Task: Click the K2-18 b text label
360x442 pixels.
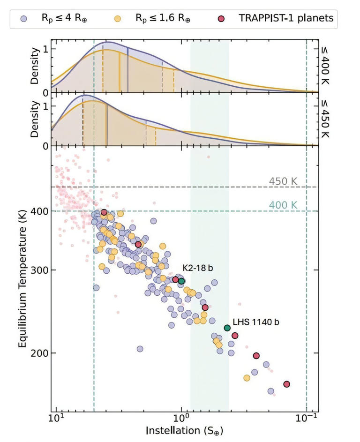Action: pos(198,268)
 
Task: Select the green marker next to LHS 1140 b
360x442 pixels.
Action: pos(227,328)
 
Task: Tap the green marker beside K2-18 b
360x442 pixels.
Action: pos(181,281)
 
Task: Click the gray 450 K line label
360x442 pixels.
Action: pos(283,181)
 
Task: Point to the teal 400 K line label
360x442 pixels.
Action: pos(283,205)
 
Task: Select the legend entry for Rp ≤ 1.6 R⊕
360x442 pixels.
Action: pos(161,18)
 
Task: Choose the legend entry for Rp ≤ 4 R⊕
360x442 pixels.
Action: pos(64,18)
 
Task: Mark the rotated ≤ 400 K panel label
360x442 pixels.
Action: pos(326,66)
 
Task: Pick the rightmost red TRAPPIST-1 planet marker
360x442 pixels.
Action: pos(286,384)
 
